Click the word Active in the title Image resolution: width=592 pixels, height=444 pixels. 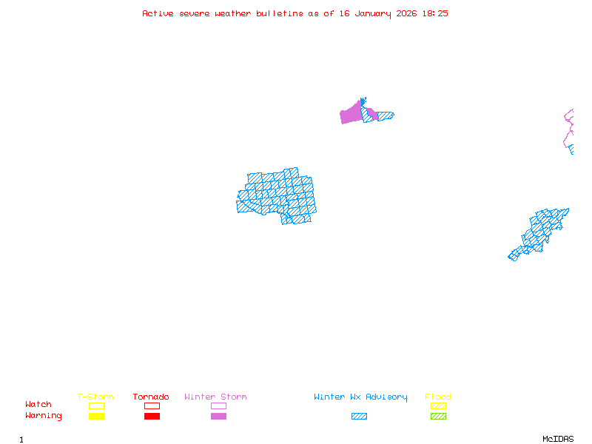pyautogui.click(x=158, y=13)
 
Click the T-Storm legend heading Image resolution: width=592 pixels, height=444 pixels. pyautogui.click(x=95, y=397)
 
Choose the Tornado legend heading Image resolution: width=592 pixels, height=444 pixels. pyautogui.click(x=151, y=397)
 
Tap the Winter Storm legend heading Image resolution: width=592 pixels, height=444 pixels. pyautogui.click(x=215, y=397)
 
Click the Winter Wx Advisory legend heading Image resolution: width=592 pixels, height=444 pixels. pyautogui.click(x=360, y=397)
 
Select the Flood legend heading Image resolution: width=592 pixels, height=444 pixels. pyautogui.click(x=438, y=397)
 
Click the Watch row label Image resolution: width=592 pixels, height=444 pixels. pyautogui.click(x=38, y=405)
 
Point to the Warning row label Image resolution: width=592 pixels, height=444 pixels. pyautogui.click(x=44, y=416)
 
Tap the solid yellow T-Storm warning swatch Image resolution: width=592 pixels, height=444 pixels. pyautogui.click(x=96, y=417)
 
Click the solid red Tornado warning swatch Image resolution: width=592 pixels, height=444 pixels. pyautogui.click(x=152, y=417)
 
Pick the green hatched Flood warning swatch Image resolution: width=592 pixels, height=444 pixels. pyautogui.click(x=438, y=417)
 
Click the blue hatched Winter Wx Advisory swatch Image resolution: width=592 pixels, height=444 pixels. pyautogui.click(x=359, y=417)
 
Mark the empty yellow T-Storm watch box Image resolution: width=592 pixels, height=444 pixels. pyautogui.click(x=96, y=406)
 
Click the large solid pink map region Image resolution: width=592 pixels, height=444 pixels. pyautogui.click(x=350, y=115)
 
